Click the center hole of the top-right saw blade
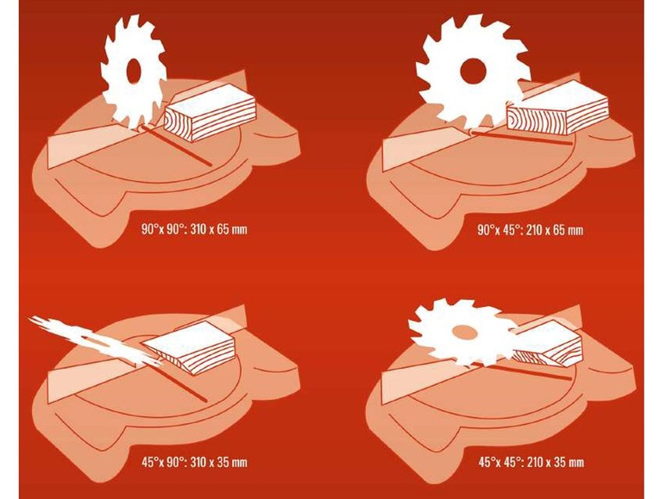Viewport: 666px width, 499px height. click(472, 71)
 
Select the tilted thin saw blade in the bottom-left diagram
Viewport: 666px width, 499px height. click(96, 340)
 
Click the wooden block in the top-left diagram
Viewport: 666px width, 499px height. click(210, 111)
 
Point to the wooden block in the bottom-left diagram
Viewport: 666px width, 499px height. click(192, 346)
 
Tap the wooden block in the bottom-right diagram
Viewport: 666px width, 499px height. click(548, 343)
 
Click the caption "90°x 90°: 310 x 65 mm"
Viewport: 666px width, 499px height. click(194, 229)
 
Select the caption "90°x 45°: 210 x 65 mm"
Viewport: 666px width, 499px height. click(531, 230)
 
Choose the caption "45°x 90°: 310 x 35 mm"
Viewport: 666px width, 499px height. click(194, 462)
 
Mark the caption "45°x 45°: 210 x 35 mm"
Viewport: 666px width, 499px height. click(531, 462)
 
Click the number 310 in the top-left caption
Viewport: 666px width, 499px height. click(199, 229)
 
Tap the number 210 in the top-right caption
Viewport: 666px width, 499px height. click(535, 230)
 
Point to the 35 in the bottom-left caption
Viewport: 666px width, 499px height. click(223, 462)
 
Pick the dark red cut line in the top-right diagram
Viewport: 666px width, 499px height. click(523, 139)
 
